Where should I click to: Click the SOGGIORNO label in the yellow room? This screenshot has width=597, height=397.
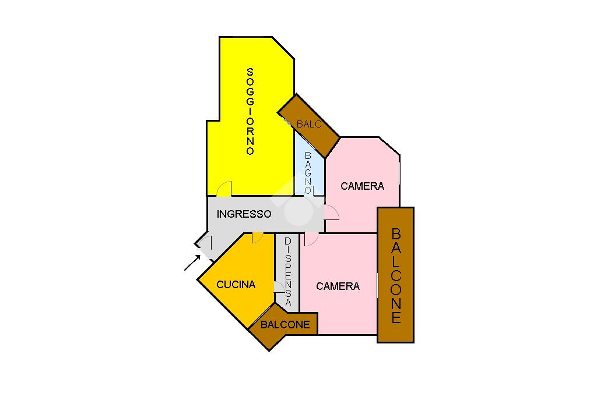250,111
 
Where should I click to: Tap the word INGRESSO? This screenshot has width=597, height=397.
244,214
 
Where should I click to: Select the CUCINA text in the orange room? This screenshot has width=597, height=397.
236,285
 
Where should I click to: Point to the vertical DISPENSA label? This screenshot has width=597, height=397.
288,271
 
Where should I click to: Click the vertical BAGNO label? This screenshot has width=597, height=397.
308,173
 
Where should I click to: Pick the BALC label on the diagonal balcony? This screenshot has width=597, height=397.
308,125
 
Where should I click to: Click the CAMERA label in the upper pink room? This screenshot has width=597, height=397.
362,186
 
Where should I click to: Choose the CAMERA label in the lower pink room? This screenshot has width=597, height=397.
338,286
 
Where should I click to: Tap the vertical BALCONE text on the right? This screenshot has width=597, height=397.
396,275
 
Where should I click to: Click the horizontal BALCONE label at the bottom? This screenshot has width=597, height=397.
285,325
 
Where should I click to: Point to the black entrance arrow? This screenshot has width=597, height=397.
192,263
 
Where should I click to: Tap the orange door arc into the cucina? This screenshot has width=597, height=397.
257,237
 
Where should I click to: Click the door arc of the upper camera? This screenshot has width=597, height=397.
331,212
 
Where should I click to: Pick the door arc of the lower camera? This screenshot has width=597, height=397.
311,238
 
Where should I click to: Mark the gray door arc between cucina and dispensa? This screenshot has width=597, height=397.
279,287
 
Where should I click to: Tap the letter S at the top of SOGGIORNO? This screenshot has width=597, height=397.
250,72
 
